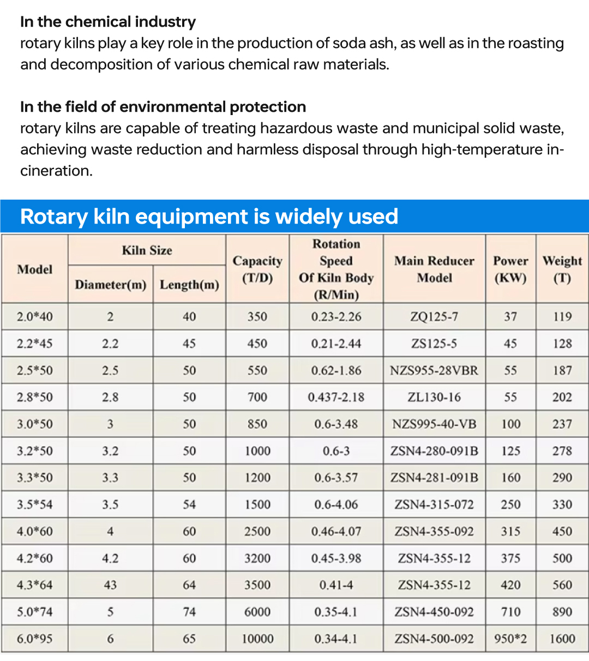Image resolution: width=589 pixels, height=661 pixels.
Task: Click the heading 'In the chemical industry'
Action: pos(108,22)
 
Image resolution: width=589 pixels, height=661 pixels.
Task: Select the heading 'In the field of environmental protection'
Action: pos(163,107)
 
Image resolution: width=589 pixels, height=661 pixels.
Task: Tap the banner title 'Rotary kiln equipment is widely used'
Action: pos(209,217)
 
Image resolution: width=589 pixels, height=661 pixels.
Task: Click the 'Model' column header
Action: pos(35,269)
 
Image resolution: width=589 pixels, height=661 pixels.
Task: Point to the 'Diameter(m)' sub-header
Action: pos(111,285)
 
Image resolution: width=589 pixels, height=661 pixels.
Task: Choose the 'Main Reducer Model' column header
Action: pos(434,269)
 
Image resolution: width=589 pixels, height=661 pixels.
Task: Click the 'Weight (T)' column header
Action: pos(562,269)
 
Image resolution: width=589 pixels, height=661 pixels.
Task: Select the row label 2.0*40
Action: pos(35,317)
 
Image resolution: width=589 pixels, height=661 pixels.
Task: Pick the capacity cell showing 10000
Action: pos(257,639)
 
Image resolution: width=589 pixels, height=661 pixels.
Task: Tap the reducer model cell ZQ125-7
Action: pos(434,317)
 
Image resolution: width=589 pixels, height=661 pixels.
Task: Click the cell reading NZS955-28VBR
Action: pos(434,371)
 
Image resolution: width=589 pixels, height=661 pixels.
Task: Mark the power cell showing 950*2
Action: pos(510,639)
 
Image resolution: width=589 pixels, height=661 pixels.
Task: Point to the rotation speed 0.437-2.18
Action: pos(336,398)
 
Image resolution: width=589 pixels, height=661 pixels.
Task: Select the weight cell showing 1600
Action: pos(562,639)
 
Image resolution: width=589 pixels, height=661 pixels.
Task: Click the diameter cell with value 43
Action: pos(110,585)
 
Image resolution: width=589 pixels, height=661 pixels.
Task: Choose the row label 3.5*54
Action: pos(35,505)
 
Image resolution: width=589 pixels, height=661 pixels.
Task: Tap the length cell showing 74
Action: pos(189,612)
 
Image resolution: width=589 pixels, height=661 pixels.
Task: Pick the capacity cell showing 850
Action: pos(257,424)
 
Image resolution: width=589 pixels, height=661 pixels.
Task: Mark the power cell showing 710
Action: pos(510,612)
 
